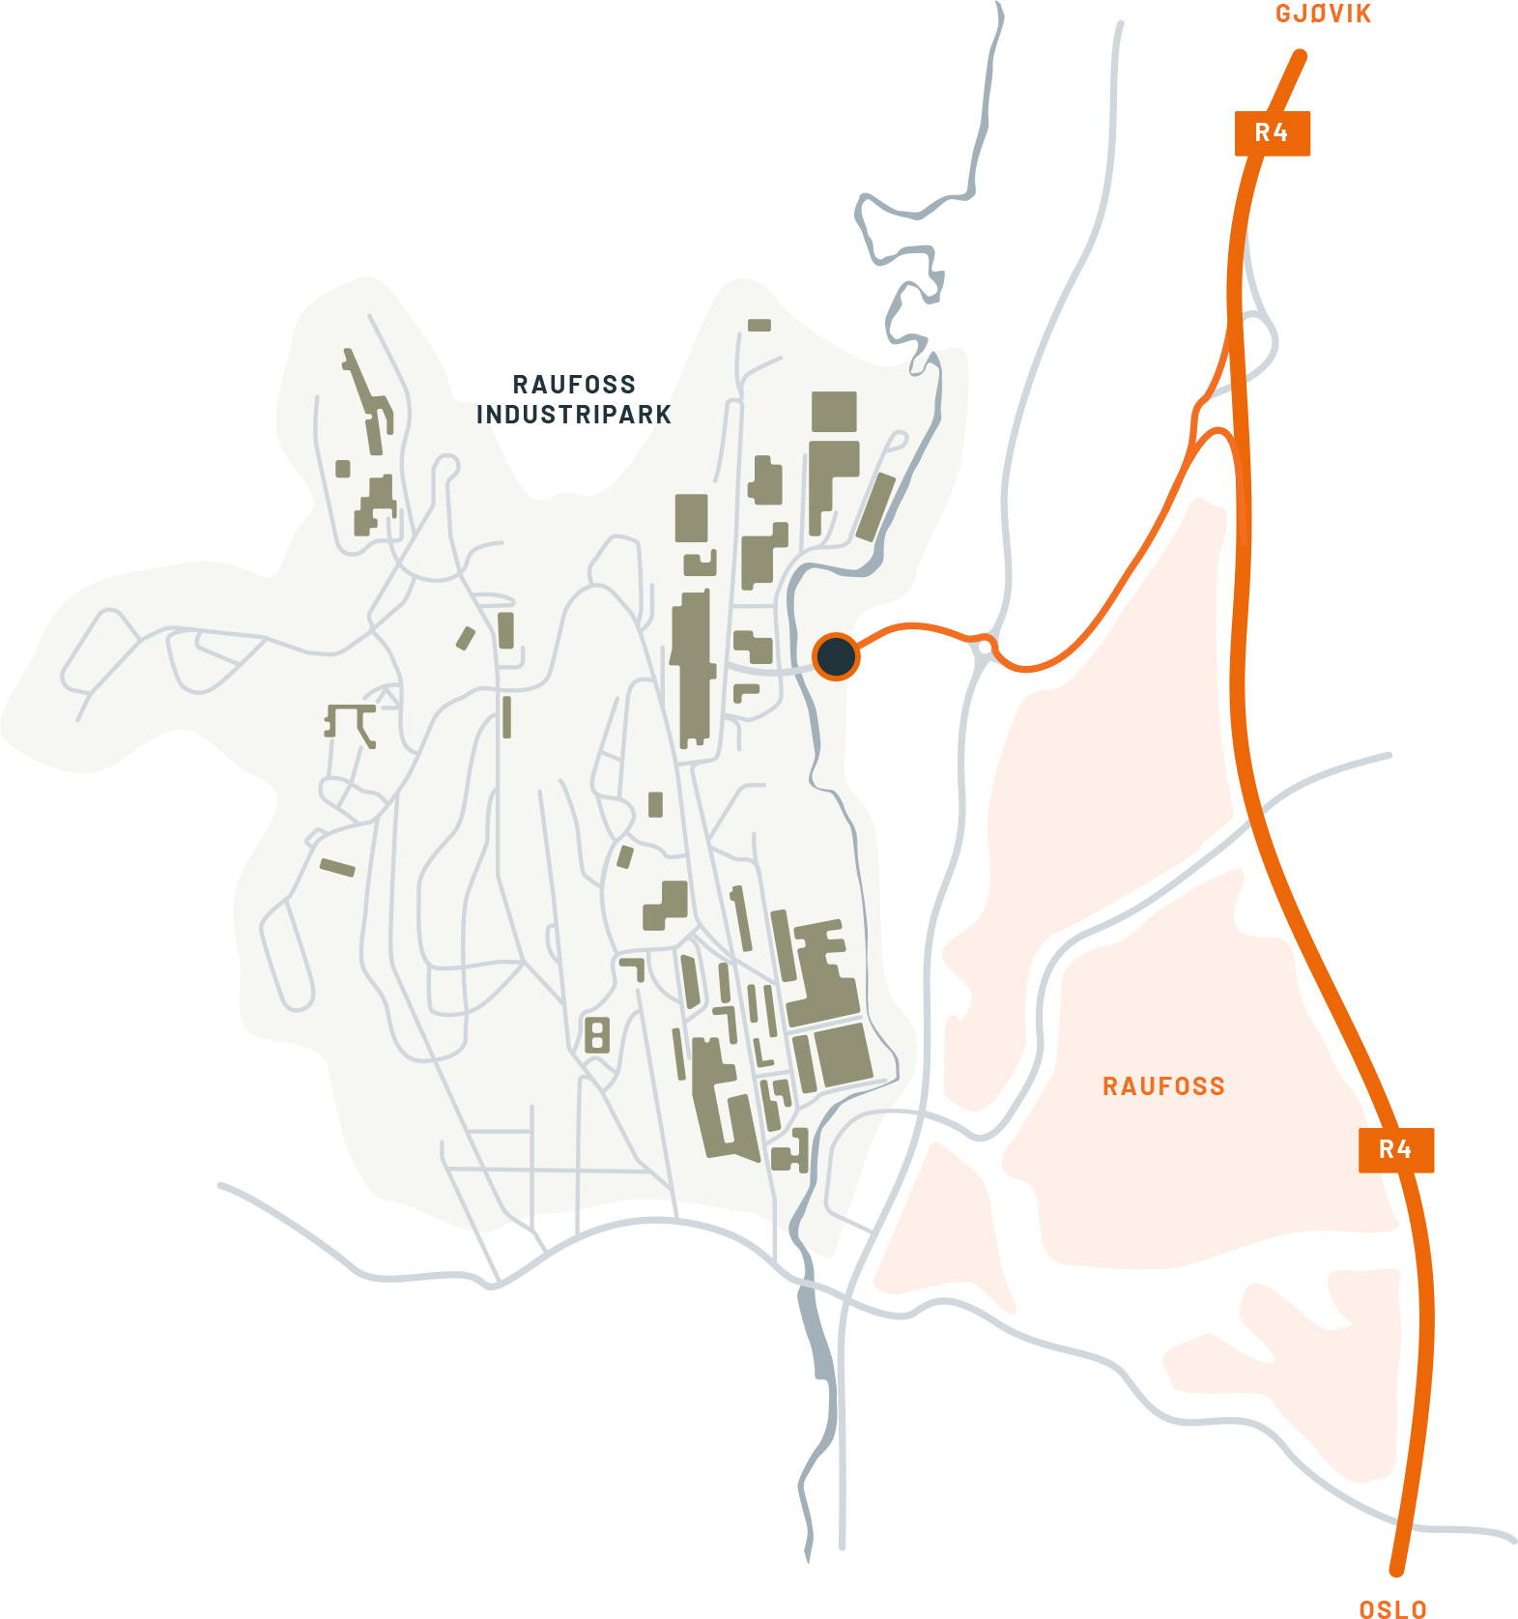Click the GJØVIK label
1323,14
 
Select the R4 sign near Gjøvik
1272,133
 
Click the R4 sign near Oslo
1395,1150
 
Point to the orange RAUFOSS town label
1163,1086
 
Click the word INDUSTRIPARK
574,415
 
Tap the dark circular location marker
836,657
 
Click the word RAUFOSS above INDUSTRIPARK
574,385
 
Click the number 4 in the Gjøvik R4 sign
1280,133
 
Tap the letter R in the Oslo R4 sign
1386,1150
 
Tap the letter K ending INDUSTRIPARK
664,415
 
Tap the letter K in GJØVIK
1363,14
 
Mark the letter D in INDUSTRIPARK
512,415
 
